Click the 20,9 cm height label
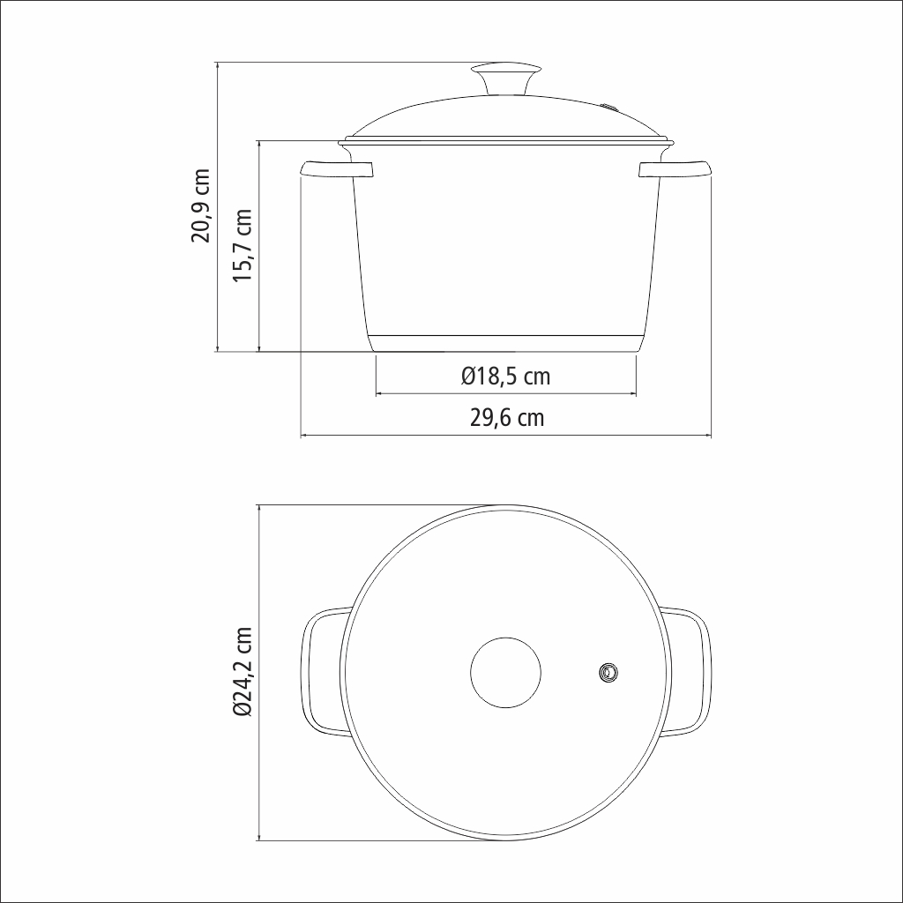click(x=201, y=205)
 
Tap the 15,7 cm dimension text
click(x=243, y=245)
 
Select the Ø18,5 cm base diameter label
click(x=505, y=377)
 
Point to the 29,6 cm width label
click(x=507, y=417)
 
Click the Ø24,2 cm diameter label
click(x=243, y=672)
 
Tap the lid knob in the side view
click(x=507, y=78)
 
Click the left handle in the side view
click(x=337, y=168)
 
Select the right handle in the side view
click(x=675, y=168)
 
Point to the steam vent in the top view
click(x=608, y=672)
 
